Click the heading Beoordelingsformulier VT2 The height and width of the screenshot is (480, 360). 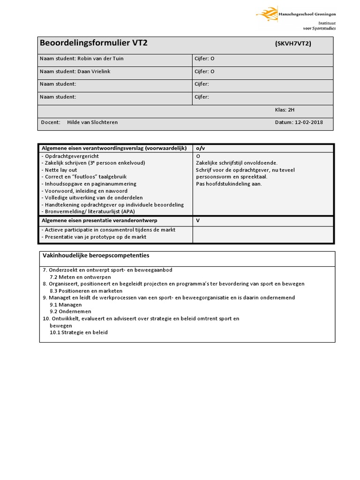(x=94, y=44)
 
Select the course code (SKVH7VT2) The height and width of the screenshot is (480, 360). (x=293, y=44)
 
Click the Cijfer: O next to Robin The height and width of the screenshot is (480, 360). (x=204, y=59)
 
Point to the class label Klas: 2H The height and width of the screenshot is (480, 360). (x=285, y=110)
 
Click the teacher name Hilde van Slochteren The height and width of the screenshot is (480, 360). (x=92, y=122)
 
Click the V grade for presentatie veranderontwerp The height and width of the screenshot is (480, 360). (x=198, y=220)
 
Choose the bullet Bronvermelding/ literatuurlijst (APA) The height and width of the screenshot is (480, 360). (x=88, y=211)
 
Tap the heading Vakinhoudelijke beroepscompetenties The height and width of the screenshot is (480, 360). (x=96, y=255)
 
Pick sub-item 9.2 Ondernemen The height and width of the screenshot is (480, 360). (x=70, y=311)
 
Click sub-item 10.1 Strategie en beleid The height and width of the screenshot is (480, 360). (x=79, y=332)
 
